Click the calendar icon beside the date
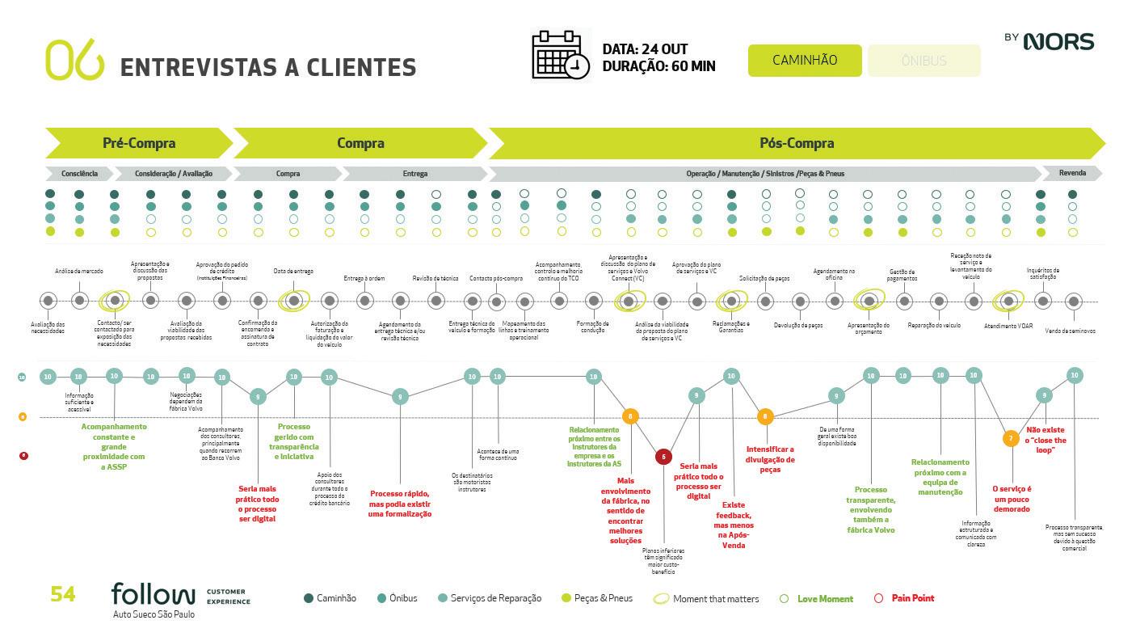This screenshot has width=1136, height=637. click(560, 55)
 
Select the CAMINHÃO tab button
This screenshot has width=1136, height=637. click(804, 61)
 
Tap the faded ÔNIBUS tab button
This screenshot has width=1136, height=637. click(924, 61)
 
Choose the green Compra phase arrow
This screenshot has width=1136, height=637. click(360, 143)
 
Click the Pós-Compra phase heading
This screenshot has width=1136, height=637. click(796, 143)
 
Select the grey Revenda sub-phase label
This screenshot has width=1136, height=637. click(1071, 173)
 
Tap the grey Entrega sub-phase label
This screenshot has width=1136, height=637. click(414, 174)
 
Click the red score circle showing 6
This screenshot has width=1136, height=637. click(663, 457)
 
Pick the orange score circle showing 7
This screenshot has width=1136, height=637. click(1010, 438)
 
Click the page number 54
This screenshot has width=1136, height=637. click(63, 595)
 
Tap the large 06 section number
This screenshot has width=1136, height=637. click(75, 60)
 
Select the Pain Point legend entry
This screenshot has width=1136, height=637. click(912, 598)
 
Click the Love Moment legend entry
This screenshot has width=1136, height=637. click(824, 599)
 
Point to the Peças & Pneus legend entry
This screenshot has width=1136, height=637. click(602, 598)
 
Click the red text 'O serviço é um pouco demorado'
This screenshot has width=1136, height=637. click(1012, 499)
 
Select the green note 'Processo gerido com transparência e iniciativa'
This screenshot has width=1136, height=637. click(294, 441)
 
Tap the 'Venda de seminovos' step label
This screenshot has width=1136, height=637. click(1070, 331)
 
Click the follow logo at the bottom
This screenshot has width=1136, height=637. click(154, 595)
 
